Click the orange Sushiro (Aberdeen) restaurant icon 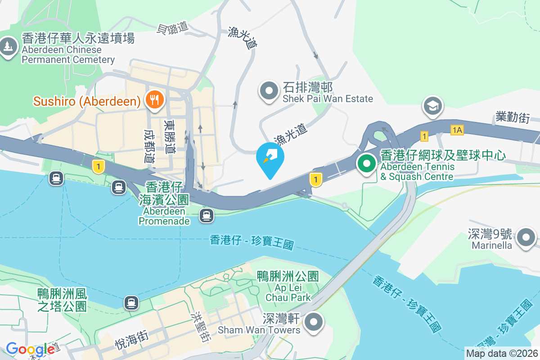pyautogui.click(x=154, y=99)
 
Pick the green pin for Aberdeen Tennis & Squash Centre pyautogui.click(x=367, y=163)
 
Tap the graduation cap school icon pyautogui.click(x=432, y=106)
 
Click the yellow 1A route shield pyautogui.click(x=457, y=130)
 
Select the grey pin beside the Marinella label pyautogui.click(x=526, y=237)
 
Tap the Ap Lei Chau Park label pyautogui.click(x=288, y=286)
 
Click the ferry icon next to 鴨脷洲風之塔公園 pyautogui.click(x=131, y=302)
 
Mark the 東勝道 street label pyautogui.click(x=170, y=136)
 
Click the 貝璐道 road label pyautogui.click(x=172, y=28)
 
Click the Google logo pyautogui.click(x=30, y=349)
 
